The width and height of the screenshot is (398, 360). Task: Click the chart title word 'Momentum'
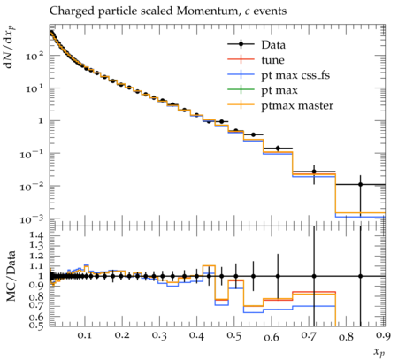click(x=207, y=11)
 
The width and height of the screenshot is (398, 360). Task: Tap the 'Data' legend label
click(x=273, y=45)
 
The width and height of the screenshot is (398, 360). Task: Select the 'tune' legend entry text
click(x=272, y=60)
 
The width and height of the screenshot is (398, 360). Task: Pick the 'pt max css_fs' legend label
click(x=295, y=75)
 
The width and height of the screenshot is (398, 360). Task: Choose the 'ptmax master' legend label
click(x=297, y=106)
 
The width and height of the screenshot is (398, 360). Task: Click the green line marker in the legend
click(x=241, y=89)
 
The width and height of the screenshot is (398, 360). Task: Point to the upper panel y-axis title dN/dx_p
click(x=10, y=48)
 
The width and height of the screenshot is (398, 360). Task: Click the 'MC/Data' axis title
click(x=11, y=276)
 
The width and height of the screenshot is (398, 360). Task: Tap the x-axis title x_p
click(x=379, y=352)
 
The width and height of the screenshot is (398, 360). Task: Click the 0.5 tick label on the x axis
click(x=234, y=336)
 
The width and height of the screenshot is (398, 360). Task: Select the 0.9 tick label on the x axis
click(x=384, y=336)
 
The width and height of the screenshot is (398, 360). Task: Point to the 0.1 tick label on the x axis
click(x=85, y=336)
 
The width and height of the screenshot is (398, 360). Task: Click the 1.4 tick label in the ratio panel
click(x=37, y=235)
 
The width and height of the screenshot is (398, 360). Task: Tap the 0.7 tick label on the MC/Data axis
click(x=37, y=305)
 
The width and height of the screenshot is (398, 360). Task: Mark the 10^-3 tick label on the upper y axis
click(x=32, y=218)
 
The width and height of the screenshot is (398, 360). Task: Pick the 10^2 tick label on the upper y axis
click(x=34, y=56)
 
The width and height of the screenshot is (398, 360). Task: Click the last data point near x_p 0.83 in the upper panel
click(x=360, y=184)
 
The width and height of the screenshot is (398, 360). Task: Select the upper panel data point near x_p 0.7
click(x=314, y=172)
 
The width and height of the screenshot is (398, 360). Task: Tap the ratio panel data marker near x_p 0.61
click(x=278, y=276)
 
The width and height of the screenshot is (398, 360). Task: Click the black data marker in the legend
click(x=241, y=44)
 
